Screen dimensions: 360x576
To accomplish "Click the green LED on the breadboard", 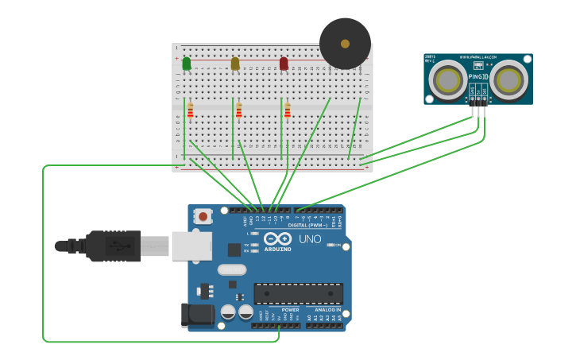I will pyautogui.click(x=187, y=64).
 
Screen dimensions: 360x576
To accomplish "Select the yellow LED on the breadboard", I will pyautogui.click(x=235, y=64).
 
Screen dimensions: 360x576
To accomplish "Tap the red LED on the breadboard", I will pyautogui.click(x=284, y=64).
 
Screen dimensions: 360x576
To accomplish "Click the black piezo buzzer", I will pyautogui.click(x=345, y=44).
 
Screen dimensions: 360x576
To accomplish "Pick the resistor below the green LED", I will pyautogui.click(x=191, y=110).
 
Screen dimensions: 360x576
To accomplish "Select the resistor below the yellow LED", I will pyautogui.click(x=239, y=110).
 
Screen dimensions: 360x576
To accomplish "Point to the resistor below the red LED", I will pyautogui.click(x=288, y=110).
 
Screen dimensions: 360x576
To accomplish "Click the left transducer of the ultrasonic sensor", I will pyautogui.click(x=448, y=80).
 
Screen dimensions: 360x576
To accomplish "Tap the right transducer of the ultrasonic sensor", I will pyautogui.click(x=508, y=80).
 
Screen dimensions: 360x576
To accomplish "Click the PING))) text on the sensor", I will pyautogui.click(x=478, y=76).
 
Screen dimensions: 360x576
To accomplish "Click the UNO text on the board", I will pyautogui.click(x=310, y=239).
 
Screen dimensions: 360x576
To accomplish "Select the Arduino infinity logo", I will pyautogui.click(x=277, y=238).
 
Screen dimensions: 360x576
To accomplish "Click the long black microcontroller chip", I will pyautogui.click(x=298, y=293).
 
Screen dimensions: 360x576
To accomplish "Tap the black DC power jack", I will pyautogui.click(x=197, y=315).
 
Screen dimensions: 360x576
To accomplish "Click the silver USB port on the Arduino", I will pyautogui.click(x=191, y=246).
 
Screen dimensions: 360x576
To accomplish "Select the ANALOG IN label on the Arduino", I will pyautogui.click(x=324, y=310).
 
